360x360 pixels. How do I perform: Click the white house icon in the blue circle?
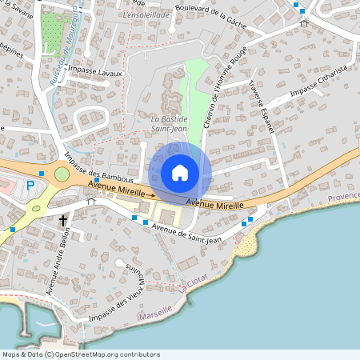point(180,173)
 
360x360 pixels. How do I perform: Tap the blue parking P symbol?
point(30,185)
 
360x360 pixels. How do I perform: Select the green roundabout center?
point(62,174)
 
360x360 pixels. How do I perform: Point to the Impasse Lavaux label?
point(95,72)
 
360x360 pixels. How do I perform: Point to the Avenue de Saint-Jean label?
point(186,233)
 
